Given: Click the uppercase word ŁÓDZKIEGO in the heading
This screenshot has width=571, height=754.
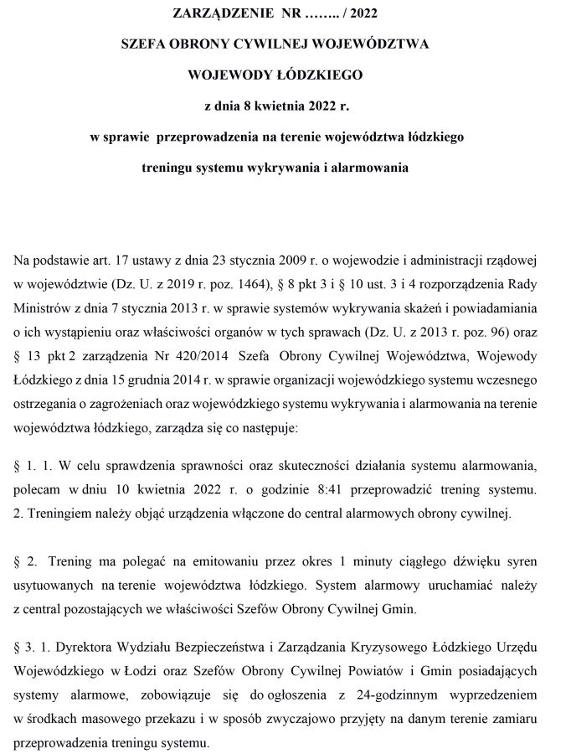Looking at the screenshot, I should point(319,75).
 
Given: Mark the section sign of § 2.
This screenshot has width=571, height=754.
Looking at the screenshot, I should point(19,560).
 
